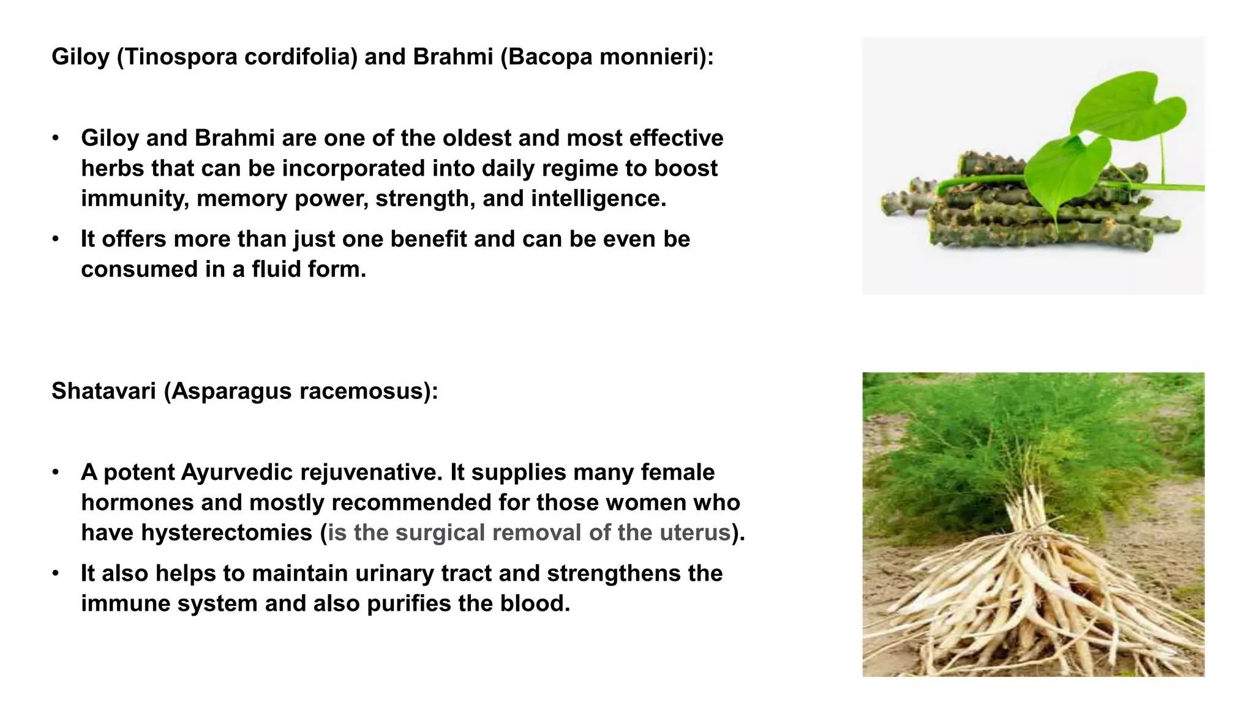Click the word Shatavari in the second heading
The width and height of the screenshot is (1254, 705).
pos(103,391)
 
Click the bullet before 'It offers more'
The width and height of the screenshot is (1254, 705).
pos(56,239)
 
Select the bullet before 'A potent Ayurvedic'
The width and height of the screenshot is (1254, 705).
pos(56,472)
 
